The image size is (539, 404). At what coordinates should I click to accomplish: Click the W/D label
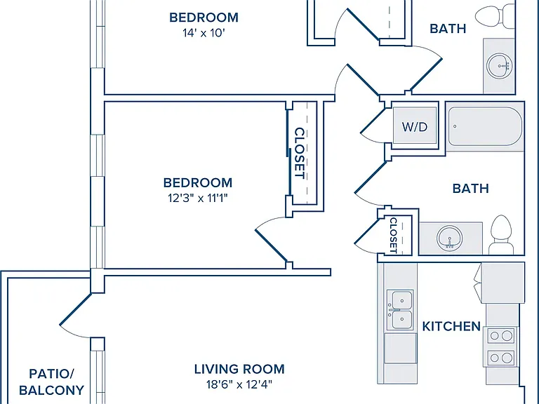pos(415,127)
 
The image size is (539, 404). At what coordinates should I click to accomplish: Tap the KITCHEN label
pos(451,326)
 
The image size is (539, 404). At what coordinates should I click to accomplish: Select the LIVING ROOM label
pos(239,369)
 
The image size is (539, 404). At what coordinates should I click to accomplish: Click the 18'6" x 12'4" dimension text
pos(239,384)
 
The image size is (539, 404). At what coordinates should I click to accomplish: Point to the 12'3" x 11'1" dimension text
pos(198,198)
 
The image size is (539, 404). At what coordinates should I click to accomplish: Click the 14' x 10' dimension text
pos(204,33)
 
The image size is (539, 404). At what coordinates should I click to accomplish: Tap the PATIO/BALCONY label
pos(51,382)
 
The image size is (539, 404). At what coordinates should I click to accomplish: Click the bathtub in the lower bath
pos(485,126)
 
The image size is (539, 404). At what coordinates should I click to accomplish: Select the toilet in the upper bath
pos(495,15)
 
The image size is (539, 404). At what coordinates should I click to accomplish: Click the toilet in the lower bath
pos(501,235)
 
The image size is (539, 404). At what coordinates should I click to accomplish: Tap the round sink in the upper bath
pos(500,65)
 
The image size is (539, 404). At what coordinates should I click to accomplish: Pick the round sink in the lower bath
pos(450,238)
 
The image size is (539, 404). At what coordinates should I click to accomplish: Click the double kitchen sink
pos(400,309)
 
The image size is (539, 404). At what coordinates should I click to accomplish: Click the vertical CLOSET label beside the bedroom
pos(300,153)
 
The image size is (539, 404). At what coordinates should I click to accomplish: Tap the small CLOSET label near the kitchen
pos(394,236)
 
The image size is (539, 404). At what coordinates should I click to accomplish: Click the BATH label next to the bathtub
pos(471,189)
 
